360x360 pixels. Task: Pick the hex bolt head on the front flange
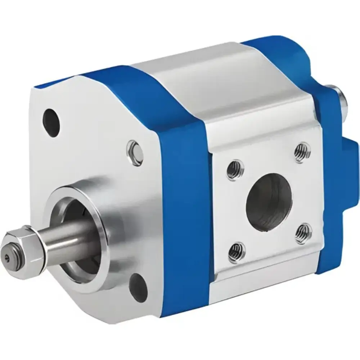pyautogui.click(x=135, y=153)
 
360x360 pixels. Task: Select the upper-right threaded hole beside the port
pyautogui.click(x=302, y=152)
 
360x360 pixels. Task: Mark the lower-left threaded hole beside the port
pyautogui.click(x=237, y=252)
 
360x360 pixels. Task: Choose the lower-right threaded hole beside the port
pyautogui.click(x=303, y=233)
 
